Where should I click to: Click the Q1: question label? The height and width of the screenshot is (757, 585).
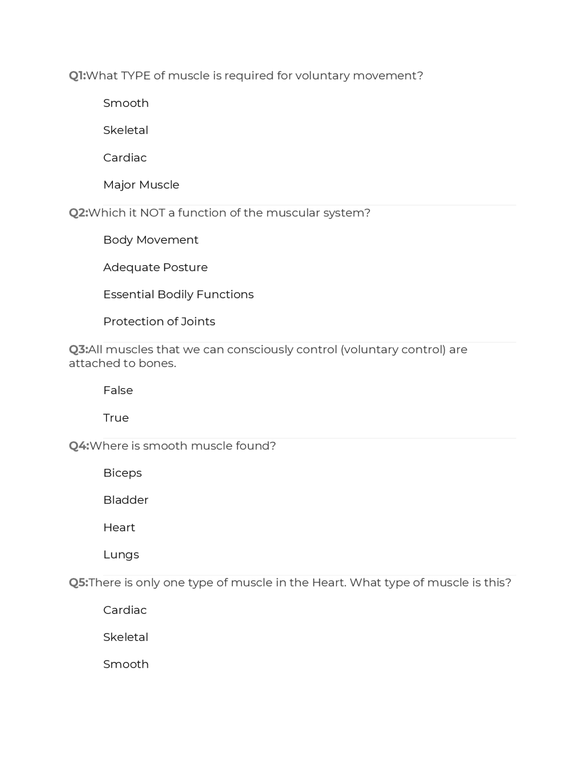[x=77, y=75]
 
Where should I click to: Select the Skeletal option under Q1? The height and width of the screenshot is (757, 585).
[x=126, y=130]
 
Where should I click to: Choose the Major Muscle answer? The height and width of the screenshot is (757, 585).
[x=141, y=185]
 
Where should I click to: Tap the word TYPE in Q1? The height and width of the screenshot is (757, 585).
[x=136, y=75]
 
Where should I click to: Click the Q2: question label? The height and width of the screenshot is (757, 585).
[x=78, y=213]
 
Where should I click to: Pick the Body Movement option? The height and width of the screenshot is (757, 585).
[x=151, y=240]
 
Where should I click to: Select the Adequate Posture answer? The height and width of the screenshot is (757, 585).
[x=155, y=267]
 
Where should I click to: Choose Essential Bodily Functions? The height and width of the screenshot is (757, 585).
[x=178, y=294]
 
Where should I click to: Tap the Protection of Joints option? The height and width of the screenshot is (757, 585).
[x=159, y=321]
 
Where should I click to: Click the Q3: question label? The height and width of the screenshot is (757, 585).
[x=78, y=350]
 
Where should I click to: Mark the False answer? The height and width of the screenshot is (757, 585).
[x=118, y=390]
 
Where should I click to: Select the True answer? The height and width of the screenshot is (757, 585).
[x=116, y=418]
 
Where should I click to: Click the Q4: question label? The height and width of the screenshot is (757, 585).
[x=79, y=446]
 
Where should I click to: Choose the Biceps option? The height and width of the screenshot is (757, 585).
[x=122, y=473]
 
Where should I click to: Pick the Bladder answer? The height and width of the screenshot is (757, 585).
[x=126, y=500]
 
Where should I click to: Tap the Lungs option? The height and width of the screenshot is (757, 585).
[x=121, y=554]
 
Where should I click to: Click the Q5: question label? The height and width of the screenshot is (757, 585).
[x=78, y=582]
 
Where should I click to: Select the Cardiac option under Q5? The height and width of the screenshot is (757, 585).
[x=125, y=610]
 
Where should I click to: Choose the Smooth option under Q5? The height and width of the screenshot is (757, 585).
[x=126, y=664]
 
